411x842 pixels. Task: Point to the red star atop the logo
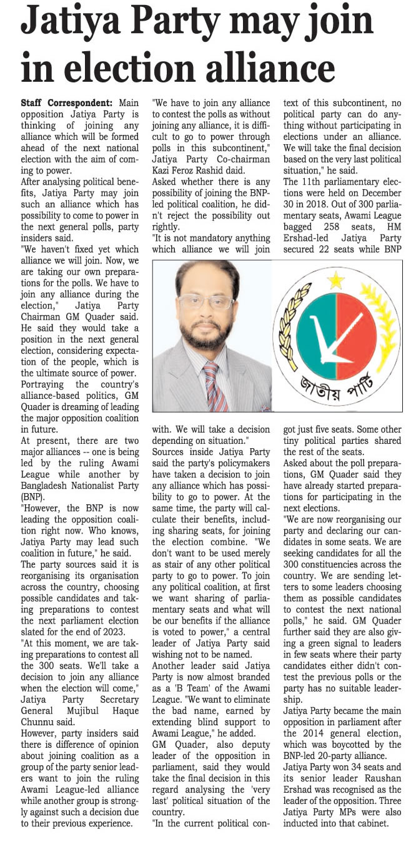click(x=337, y=280)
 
